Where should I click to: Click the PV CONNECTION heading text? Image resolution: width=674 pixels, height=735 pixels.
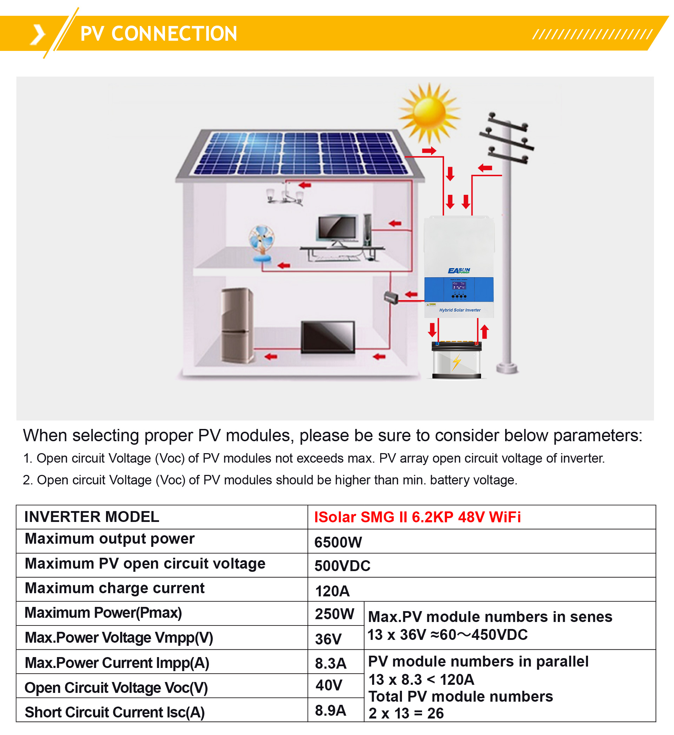pos(159,34)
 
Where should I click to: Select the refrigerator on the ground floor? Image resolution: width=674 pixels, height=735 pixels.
pos(237,326)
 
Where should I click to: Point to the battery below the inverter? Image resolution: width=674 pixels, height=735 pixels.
pos(457,360)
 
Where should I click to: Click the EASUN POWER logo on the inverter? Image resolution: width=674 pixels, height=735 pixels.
pos(459,271)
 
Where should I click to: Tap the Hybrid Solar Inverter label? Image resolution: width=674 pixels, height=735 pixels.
pos(460,310)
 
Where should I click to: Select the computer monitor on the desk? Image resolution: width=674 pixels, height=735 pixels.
pos(338,230)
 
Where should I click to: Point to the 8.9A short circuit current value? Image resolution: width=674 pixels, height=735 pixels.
pos(331,710)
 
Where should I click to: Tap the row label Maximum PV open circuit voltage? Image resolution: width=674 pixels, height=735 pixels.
pos(145,564)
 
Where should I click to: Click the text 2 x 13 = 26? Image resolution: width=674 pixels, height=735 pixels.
pos(406,714)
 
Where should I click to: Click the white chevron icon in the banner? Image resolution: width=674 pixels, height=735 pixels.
pos(38,35)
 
